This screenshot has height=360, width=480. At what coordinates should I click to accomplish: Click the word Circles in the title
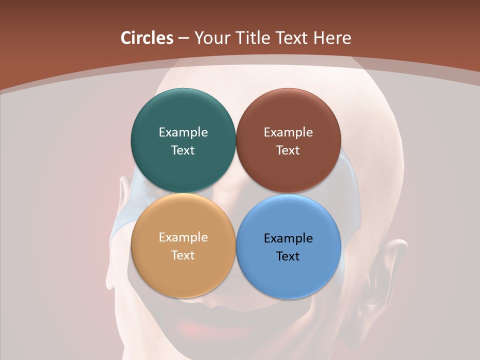click(x=147, y=38)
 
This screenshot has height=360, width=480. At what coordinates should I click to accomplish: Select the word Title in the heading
click(x=255, y=38)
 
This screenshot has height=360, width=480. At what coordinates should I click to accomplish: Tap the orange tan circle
click(x=183, y=272)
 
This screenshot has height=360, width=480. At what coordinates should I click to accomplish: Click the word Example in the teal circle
click(x=183, y=132)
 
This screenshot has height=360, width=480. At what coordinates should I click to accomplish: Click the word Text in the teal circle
click(x=183, y=150)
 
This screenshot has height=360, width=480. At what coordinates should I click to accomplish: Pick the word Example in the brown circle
click(x=288, y=132)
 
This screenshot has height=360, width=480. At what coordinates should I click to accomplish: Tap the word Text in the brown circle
click(x=288, y=150)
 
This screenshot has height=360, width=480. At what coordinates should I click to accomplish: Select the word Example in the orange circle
click(x=183, y=237)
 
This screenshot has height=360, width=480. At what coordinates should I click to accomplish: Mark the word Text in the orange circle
click(x=183, y=255)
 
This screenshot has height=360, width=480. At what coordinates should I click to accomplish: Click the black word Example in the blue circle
click(x=288, y=238)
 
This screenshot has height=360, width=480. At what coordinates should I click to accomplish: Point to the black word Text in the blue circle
click(x=288, y=256)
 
